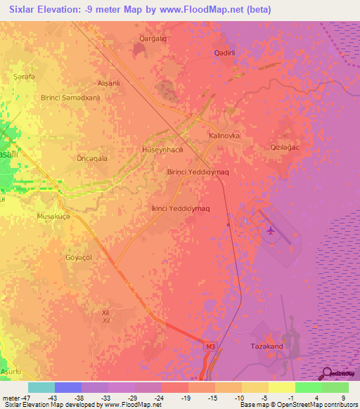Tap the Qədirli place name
(228, 53)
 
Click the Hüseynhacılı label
(162, 150)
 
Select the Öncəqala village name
(91, 159)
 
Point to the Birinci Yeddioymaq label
(198, 171)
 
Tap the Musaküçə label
(54, 217)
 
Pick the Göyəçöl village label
(78, 257)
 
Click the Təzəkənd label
(266, 346)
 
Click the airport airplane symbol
(271, 231)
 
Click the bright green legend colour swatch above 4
(308, 387)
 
